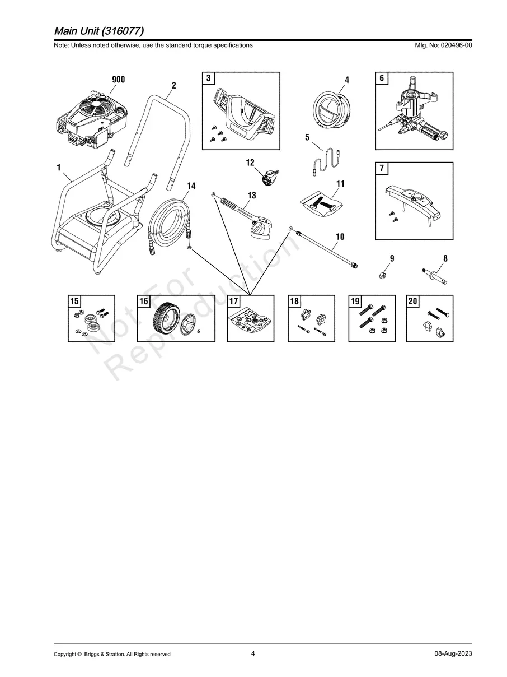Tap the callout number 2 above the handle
click(x=173, y=86)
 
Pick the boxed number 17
click(x=234, y=302)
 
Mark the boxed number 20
click(x=413, y=302)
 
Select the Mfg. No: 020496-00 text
click(x=442, y=45)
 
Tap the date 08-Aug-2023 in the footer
click(x=453, y=654)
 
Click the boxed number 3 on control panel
click(x=208, y=78)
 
